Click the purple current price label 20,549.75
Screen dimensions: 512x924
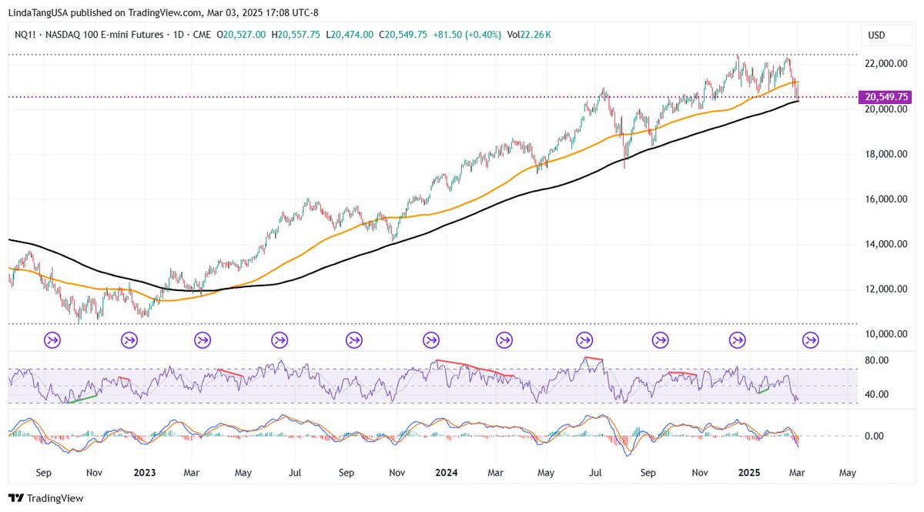tap(887, 97)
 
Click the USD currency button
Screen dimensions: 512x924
tap(876, 35)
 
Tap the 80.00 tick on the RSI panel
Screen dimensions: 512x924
tap(877, 360)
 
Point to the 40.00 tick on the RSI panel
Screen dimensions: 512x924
tap(877, 394)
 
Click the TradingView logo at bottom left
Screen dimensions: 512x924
tap(45, 498)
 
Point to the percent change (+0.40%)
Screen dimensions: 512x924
tap(478, 35)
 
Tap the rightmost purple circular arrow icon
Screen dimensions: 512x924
tap(811, 340)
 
